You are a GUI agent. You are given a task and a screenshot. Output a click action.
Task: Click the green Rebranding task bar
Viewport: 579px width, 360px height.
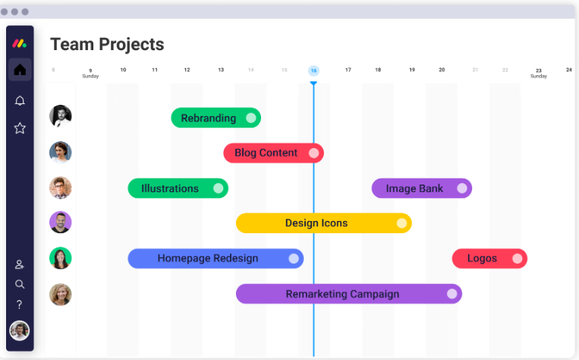(216, 118)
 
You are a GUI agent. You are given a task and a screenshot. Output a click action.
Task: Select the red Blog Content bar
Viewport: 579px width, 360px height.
(274, 153)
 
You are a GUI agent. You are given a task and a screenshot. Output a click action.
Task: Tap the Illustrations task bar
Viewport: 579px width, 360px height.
(178, 188)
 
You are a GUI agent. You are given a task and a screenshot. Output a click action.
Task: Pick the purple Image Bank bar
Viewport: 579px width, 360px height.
(422, 188)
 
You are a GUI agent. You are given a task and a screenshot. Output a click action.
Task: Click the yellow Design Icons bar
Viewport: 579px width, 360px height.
(324, 223)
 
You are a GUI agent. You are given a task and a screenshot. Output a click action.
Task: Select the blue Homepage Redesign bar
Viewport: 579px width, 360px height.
(216, 258)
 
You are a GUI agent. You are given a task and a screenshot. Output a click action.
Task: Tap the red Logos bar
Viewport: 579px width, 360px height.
(489, 258)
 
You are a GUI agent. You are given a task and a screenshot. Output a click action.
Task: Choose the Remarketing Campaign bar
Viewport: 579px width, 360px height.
(349, 294)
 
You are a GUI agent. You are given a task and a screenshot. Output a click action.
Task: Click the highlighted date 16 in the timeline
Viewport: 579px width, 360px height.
(313, 71)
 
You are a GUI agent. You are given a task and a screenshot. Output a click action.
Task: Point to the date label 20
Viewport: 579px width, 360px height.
(442, 70)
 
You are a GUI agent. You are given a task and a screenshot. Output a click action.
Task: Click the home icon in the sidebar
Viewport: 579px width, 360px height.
(20, 69)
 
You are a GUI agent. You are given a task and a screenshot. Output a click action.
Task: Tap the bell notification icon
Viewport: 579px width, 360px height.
(20, 100)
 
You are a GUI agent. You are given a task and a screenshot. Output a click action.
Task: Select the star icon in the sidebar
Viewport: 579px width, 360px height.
(20, 128)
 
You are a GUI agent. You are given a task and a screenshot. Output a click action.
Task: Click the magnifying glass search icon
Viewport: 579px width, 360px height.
(20, 284)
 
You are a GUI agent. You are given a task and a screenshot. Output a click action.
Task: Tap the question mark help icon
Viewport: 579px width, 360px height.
(19, 305)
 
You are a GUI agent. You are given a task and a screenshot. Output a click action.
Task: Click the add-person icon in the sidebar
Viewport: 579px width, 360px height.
(19, 264)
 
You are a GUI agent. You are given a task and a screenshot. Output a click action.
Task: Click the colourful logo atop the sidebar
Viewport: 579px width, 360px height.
(19, 43)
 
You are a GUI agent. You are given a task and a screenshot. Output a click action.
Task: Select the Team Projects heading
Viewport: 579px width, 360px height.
(107, 45)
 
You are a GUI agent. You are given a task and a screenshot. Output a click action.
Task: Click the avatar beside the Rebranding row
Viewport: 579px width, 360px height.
(61, 116)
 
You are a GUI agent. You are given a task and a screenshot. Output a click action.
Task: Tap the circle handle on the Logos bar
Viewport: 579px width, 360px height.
(518, 258)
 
